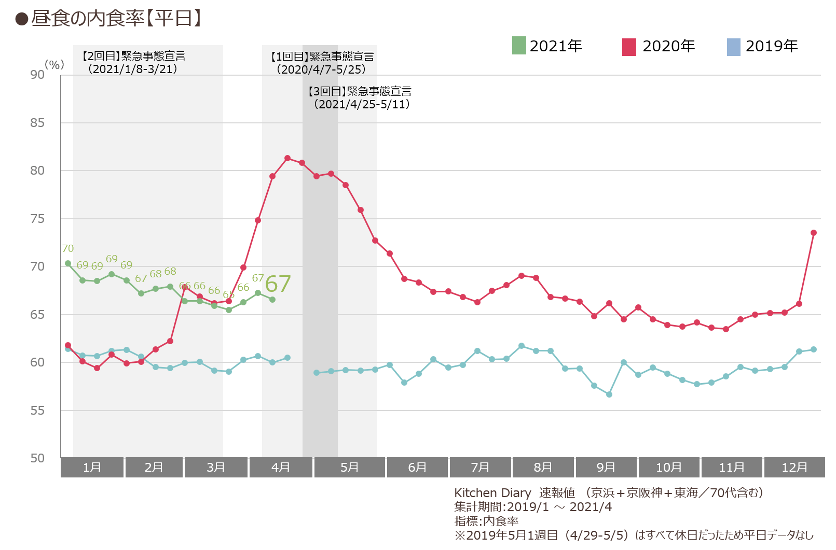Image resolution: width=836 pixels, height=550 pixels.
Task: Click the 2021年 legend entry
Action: [547, 46]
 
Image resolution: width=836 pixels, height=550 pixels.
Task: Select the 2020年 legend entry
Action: [659, 46]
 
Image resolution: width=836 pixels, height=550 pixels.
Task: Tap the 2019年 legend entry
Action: [762, 46]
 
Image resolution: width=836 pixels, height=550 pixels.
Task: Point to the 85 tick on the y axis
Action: [37, 123]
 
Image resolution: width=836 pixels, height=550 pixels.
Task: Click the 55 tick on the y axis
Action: [37, 410]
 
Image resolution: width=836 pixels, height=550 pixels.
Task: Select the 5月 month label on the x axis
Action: [349, 467]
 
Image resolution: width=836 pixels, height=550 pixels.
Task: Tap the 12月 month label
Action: [794, 467]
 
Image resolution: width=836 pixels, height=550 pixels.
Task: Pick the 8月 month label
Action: [543, 467]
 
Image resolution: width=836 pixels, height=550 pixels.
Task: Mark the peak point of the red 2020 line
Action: [287, 158]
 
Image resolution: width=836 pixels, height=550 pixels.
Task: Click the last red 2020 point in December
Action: [814, 233]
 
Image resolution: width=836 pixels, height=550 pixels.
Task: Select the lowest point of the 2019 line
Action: [609, 394]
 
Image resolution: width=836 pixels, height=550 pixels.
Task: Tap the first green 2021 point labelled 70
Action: [68, 263]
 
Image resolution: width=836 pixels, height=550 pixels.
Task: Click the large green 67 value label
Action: [278, 284]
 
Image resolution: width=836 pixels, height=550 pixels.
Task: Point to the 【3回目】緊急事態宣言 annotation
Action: [360, 91]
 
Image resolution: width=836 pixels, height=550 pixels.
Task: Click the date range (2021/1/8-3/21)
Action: [132, 69]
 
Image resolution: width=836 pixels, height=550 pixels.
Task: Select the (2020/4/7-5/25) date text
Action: [321, 69]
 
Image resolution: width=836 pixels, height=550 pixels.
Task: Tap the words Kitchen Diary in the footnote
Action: [492, 492]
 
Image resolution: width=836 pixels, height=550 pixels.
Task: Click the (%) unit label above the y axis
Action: [54, 64]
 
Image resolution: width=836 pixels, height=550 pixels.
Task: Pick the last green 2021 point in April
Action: [272, 300]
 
